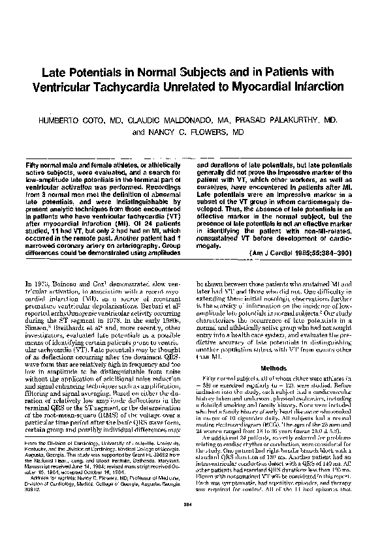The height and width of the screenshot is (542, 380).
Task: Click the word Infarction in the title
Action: [327, 88]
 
